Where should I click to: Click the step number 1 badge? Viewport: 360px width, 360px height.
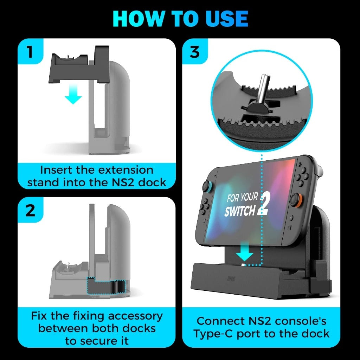pyautogui.click(x=30, y=51)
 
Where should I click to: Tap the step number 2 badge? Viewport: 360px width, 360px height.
pyautogui.click(x=30, y=210)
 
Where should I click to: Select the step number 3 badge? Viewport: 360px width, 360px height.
pyautogui.click(x=195, y=51)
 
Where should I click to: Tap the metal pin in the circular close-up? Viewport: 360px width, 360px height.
pyautogui.click(x=262, y=88)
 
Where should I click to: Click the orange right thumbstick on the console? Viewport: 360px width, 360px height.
pyautogui.click(x=296, y=200)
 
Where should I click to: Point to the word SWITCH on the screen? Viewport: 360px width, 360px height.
pyautogui.click(x=240, y=211)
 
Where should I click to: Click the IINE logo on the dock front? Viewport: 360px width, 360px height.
pyautogui.click(x=231, y=279)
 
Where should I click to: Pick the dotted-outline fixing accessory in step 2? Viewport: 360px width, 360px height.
pyautogui.click(x=106, y=286)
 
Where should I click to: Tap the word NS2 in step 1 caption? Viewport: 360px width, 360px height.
pyautogui.click(x=123, y=182)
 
